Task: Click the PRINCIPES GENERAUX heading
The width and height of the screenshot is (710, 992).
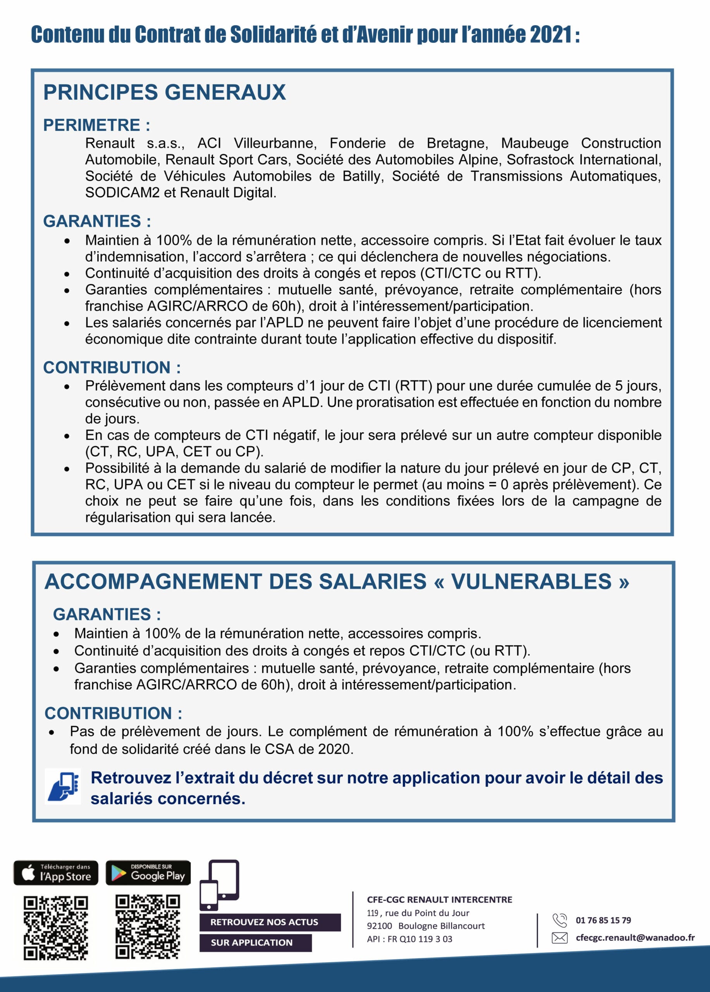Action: tap(164, 92)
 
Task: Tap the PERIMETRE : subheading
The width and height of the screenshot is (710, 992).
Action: tap(96, 125)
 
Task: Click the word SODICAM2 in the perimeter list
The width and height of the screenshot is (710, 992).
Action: tap(122, 193)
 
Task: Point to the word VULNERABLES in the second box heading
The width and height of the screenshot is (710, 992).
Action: tap(531, 582)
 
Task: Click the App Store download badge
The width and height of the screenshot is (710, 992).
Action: tap(56, 873)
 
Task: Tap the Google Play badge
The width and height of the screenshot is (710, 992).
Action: tap(148, 873)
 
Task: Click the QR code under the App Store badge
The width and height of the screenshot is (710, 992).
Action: tap(55, 927)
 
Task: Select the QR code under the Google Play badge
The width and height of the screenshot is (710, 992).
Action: tap(148, 927)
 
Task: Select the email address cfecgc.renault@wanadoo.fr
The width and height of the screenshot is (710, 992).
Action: tap(635, 937)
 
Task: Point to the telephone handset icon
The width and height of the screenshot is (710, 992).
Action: tap(560, 920)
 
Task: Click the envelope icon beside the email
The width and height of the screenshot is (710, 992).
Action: tap(560, 938)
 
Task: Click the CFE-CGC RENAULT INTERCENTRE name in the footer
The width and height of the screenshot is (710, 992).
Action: tap(439, 900)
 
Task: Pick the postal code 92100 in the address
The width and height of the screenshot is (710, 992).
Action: tap(380, 926)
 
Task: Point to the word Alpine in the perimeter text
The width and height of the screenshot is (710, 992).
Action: tap(480, 160)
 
